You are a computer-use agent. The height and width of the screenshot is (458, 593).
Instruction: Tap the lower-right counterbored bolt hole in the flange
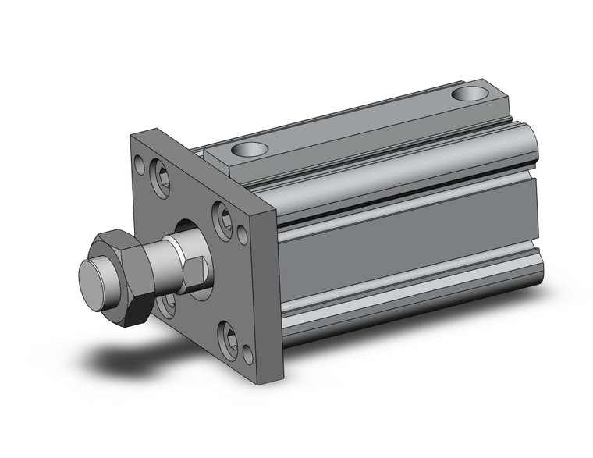pyautogui.click(x=231, y=339)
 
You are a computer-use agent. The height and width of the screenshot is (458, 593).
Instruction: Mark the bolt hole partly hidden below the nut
pyautogui.click(x=166, y=305)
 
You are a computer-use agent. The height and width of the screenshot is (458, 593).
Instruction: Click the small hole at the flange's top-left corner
pyautogui.click(x=139, y=165)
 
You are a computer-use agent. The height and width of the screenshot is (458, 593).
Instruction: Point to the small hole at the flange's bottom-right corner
pyautogui.click(x=247, y=355)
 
